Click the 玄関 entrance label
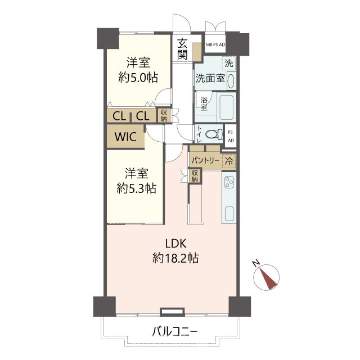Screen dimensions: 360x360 [182, 49]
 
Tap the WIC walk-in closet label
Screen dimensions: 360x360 [125, 137]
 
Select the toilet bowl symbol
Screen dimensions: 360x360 [214, 134]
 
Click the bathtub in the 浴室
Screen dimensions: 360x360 [226, 107]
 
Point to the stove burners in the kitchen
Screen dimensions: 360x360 [229, 182]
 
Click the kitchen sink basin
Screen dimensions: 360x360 [229, 214]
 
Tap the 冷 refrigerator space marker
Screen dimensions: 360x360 [229, 161]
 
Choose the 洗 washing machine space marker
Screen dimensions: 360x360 [229, 63]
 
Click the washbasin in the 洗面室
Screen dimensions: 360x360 [231, 80]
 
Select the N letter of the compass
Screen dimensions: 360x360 [256, 263]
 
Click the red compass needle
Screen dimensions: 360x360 [268, 279]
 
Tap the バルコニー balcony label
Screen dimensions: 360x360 [175, 332]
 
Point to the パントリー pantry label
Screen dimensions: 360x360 [205, 160]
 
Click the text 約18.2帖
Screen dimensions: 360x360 [175, 258]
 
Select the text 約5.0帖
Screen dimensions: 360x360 [138, 78]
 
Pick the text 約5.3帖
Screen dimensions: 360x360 [136, 188]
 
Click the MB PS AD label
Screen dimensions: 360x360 [215, 45]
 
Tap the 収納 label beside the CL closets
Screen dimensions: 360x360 [164, 115]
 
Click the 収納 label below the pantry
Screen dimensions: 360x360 [195, 176]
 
